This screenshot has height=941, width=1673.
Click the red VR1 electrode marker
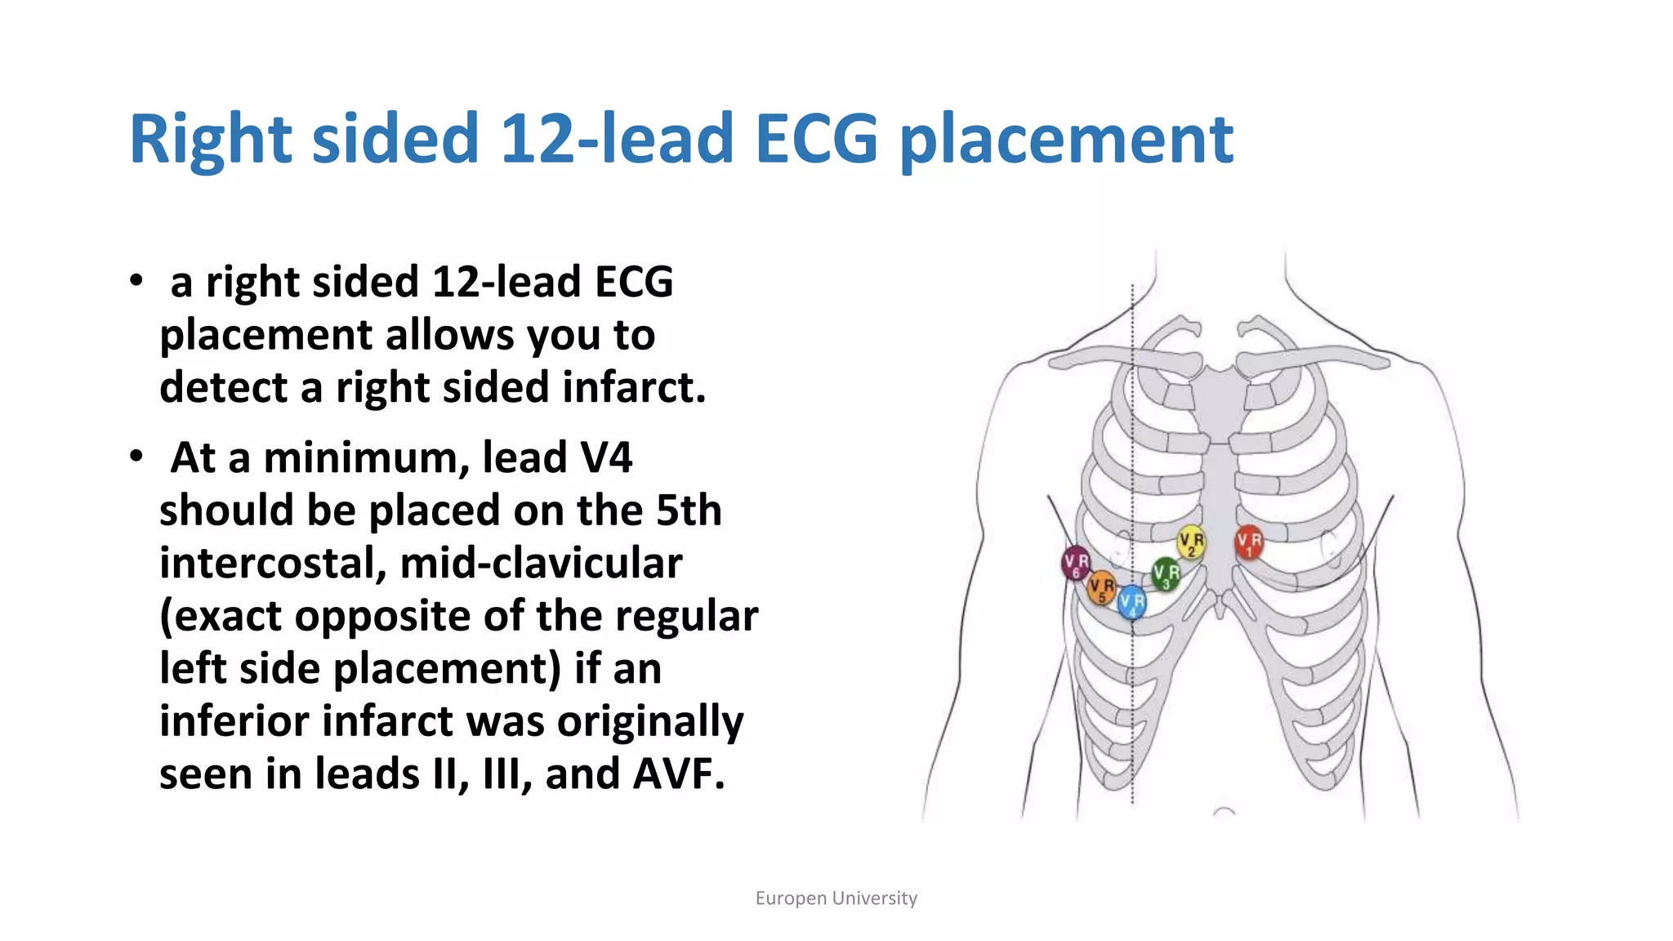tap(1248, 542)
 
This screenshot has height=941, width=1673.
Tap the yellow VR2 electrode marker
tap(1191, 542)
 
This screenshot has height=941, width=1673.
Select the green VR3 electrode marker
tap(1166, 573)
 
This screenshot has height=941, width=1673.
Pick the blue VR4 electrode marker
tap(1132, 603)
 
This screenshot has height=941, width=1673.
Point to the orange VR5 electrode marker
tap(1102, 587)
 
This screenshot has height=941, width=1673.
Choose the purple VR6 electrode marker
tap(1076, 562)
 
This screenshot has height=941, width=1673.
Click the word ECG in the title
tap(816, 139)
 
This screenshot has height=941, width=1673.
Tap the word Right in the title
tap(210, 139)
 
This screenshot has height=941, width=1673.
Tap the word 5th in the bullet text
tap(689, 511)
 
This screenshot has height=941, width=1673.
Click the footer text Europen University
tap(836, 899)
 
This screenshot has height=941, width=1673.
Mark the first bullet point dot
tap(136, 281)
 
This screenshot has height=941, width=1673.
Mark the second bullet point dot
tap(136, 457)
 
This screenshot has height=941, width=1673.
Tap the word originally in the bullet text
tap(650, 722)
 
